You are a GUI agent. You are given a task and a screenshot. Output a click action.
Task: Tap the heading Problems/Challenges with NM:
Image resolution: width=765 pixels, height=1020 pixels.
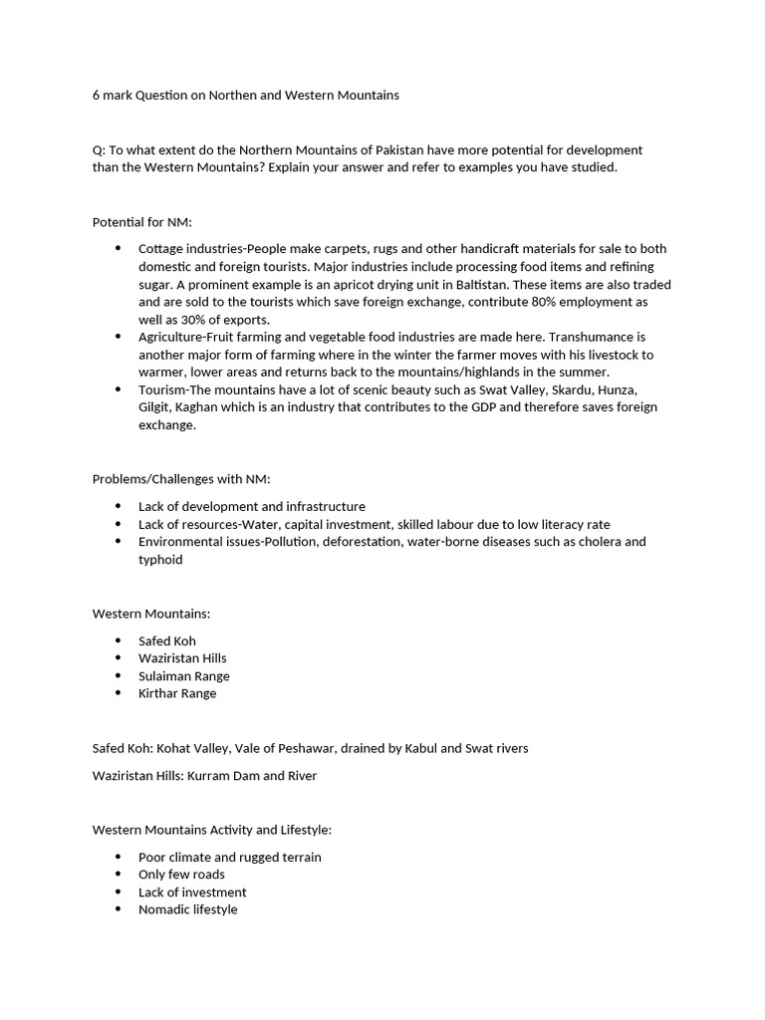(x=174, y=479)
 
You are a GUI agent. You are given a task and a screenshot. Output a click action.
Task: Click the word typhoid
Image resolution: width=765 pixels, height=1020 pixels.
(x=160, y=560)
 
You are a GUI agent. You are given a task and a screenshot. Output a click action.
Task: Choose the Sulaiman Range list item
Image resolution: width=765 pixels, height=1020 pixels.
(x=184, y=676)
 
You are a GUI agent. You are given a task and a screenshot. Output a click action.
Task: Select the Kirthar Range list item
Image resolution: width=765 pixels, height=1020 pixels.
(x=177, y=693)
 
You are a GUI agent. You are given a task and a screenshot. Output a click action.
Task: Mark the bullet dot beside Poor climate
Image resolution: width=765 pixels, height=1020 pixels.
(x=118, y=857)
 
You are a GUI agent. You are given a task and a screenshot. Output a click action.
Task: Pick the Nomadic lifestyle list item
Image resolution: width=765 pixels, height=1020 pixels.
(x=188, y=909)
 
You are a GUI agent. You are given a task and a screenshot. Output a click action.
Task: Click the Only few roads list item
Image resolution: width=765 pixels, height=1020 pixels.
(x=181, y=875)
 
